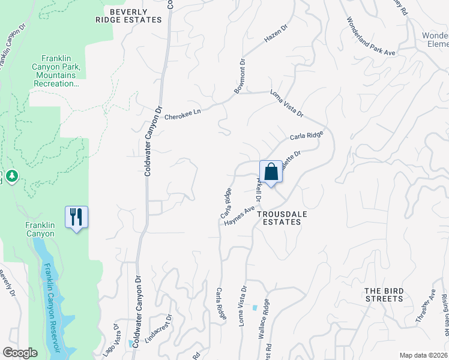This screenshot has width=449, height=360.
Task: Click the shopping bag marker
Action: tap(271, 172)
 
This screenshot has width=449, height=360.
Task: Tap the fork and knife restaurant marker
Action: tap(76, 217)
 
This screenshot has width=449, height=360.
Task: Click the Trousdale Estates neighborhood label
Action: tap(278, 217)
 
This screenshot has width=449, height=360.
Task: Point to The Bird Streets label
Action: tap(384, 294)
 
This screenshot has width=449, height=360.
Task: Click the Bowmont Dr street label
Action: tap(240, 76)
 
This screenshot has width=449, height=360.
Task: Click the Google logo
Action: tap(20, 353)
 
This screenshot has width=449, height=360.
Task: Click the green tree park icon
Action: tap(12, 176)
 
